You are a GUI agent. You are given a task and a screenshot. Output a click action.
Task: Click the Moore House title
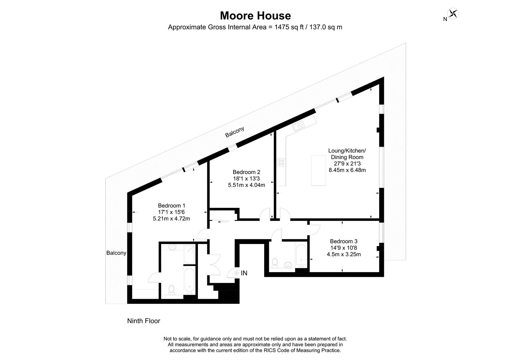255,16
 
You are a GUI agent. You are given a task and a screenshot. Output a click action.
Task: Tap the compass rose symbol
453,14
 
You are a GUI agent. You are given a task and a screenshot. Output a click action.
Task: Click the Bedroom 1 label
171,206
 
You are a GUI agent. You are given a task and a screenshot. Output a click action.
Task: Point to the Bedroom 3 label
343,241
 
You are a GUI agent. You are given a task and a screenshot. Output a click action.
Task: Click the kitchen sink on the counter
297,126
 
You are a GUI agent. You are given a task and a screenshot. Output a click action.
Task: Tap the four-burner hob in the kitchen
281,163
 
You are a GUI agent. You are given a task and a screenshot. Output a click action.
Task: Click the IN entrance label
244,273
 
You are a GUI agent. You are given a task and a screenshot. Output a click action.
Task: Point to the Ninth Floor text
143,321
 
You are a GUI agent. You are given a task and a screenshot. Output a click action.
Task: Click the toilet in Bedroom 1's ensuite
172,289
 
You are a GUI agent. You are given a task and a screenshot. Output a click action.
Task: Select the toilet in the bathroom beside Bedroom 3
275,262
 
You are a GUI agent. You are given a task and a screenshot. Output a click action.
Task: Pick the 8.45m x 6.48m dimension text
347,170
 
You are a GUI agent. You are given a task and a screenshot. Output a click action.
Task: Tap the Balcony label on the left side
116,253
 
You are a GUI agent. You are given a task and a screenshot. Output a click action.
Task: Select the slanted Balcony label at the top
234,132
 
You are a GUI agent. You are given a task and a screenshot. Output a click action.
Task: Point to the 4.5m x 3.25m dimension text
343,254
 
